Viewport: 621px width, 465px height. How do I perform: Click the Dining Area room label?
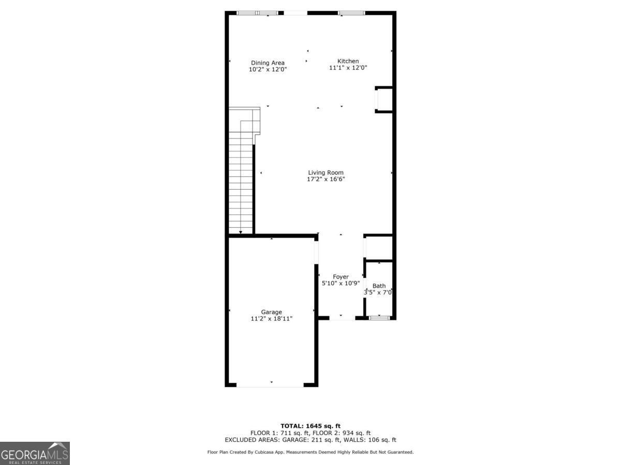pyautogui.click(x=268, y=63)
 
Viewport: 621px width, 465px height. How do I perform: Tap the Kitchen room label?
pyautogui.click(x=348, y=61)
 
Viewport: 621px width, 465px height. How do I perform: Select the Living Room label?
pyautogui.click(x=326, y=173)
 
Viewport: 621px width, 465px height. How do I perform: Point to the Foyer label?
pyautogui.click(x=341, y=277)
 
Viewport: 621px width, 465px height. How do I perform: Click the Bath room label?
pyautogui.click(x=379, y=286)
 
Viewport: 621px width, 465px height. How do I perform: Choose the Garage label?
pyautogui.click(x=271, y=312)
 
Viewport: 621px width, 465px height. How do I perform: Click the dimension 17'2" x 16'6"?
pyautogui.click(x=326, y=179)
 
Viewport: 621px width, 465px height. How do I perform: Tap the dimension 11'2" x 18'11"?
pyautogui.click(x=271, y=319)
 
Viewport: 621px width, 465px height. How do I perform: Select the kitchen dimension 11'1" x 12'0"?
pyautogui.click(x=348, y=68)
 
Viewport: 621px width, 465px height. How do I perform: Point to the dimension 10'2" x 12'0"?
pyautogui.click(x=268, y=69)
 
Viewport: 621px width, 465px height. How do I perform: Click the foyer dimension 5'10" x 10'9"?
pyautogui.click(x=341, y=283)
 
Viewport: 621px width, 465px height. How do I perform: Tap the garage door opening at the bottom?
pyautogui.click(x=270, y=385)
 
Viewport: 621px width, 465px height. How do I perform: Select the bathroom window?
pyautogui.click(x=379, y=317)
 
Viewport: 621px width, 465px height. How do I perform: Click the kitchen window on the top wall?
pyautogui.click(x=351, y=13)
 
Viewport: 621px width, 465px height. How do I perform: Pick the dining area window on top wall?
pyautogui.click(x=257, y=13)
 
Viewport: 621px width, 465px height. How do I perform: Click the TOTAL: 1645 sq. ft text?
pyautogui.click(x=310, y=426)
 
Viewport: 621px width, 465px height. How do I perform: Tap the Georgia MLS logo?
pyautogui.click(x=35, y=453)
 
